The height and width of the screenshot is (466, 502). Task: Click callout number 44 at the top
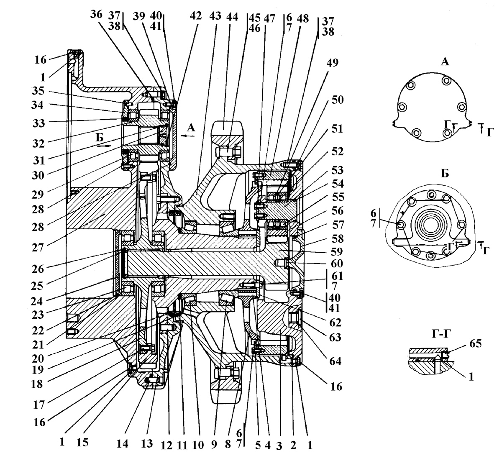232,17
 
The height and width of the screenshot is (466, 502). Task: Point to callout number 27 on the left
38,247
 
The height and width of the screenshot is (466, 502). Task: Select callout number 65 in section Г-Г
475,343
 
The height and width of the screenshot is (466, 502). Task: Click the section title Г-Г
441,334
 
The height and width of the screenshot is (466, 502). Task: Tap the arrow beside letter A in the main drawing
188,136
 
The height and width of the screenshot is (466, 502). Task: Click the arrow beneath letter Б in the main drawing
104,146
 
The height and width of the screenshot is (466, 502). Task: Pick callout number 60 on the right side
337,264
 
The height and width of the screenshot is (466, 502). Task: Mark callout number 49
332,62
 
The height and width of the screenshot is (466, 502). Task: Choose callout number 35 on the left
38,91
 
